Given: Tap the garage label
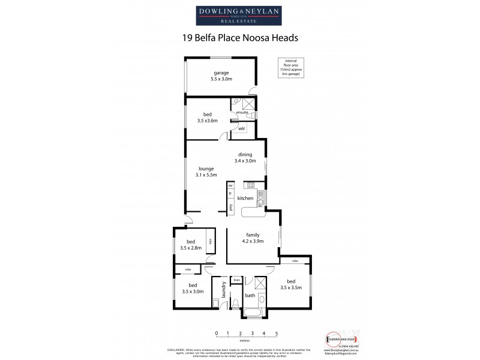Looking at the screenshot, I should [221, 73].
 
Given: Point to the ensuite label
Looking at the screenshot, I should [242, 112].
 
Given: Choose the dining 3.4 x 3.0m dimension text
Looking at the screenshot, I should [245, 161].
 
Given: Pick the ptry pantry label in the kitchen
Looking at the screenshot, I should [230, 207].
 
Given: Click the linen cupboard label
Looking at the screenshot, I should [236, 280].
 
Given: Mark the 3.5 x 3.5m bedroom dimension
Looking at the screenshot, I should [290, 288].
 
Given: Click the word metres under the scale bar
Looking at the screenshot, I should [247, 340].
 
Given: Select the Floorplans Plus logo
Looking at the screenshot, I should [340, 337].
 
